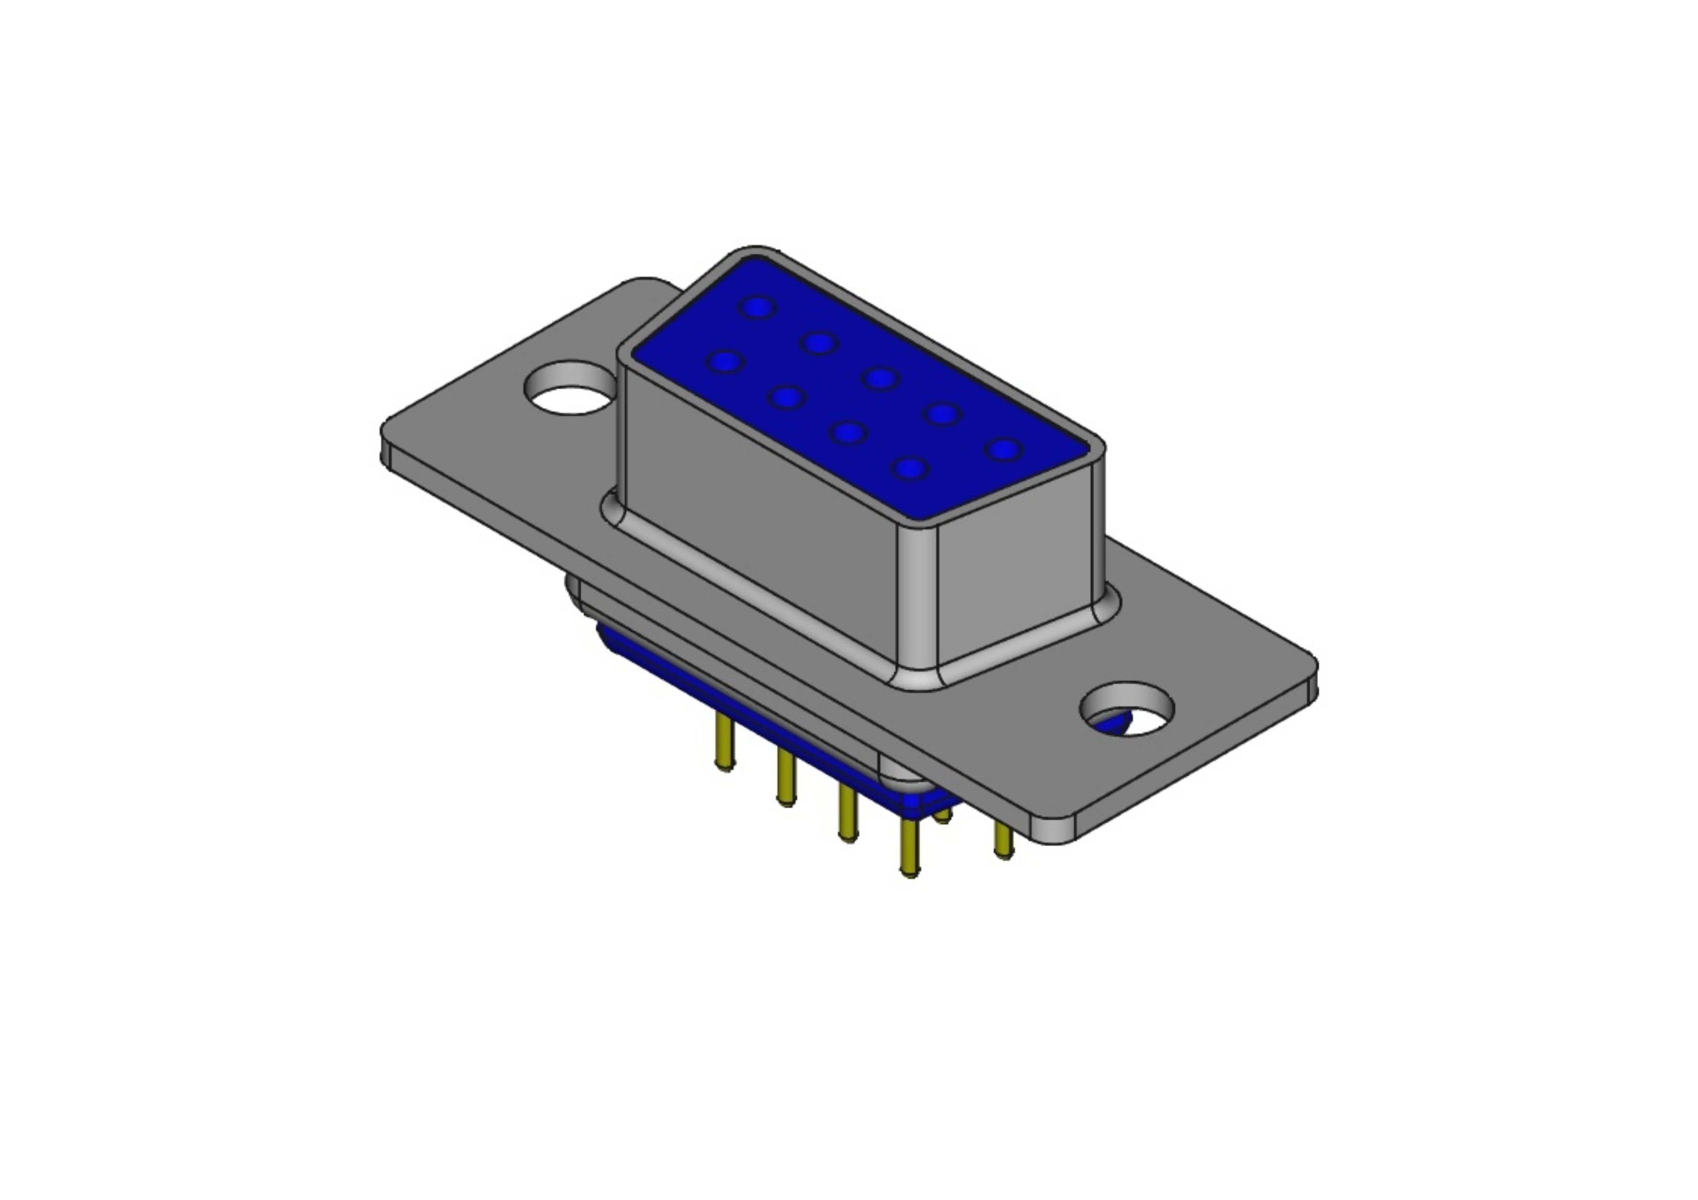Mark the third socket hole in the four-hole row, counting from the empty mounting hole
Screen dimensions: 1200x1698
(848, 433)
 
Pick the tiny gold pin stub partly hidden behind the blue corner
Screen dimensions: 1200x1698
(943, 816)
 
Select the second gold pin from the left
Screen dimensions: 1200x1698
(786, 776)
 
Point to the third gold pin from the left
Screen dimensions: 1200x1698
(848, 813)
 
